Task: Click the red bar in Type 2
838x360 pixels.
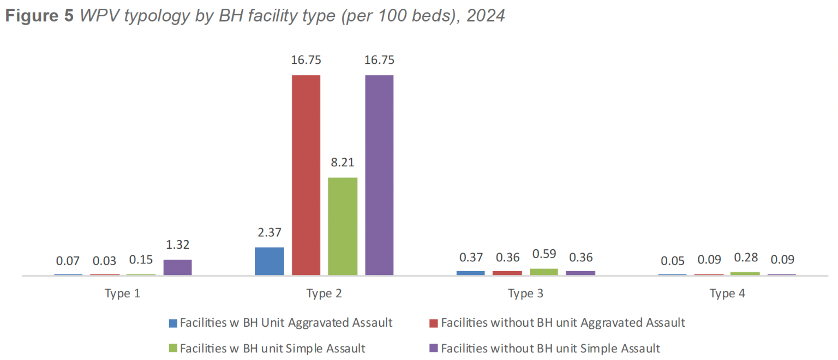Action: click(306, 175)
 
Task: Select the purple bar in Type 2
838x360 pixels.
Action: click(379, 175)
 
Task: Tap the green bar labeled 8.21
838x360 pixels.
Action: click(343, 226)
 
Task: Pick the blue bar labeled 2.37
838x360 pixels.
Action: click(270, 261)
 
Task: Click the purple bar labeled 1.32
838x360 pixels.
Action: click(178, 267)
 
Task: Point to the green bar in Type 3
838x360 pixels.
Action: click(544, 271)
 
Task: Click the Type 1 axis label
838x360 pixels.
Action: click(122, 293)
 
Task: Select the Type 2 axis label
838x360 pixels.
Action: click(324, 293)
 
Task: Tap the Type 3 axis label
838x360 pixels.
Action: click(525, 293)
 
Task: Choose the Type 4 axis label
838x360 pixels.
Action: click(727, 293)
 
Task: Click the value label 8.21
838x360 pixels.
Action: click(343, 163)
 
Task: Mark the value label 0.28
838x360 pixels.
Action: click(745, 258)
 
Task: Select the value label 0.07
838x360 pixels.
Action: click(68, 261)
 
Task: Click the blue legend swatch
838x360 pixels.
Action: click(173, 323)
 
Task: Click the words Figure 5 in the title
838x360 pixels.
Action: click(39, 16)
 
